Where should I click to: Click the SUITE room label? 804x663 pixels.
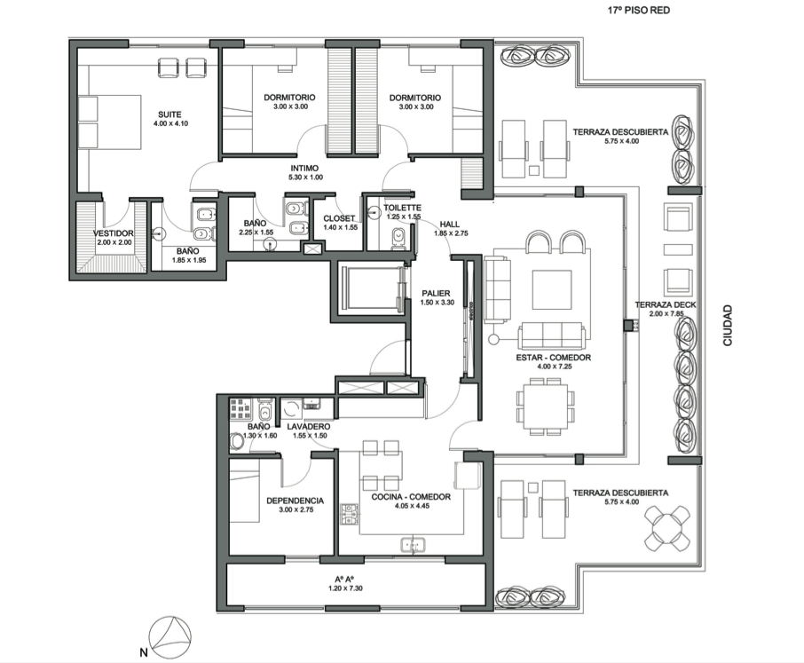[x=169, y=114]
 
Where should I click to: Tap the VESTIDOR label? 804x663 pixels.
[x=114, y=233]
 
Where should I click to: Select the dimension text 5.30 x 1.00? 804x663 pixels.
[x=305, y=178]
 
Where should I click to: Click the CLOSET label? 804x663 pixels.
[x=339, y=218]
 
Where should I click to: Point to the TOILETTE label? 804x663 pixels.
[x=403, y=208]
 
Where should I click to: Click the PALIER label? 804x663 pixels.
[x=436, y=293]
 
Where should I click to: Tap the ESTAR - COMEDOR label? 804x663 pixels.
[x=553, y=358]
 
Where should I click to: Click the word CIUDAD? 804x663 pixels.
[x=728, y=325]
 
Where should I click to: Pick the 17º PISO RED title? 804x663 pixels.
[x=639, y=11]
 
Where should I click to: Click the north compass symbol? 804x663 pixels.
[x=169, y=637]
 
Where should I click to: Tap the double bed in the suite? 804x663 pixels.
[x=109, y=122]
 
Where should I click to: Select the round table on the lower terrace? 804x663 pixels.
[x=667, y=528]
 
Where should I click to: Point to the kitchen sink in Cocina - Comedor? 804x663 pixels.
[x=413, y=545]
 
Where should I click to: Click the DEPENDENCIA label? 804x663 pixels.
[x=295, y=501]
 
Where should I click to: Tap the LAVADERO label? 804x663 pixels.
[x=309, y=427]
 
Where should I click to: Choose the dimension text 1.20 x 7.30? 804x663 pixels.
[x=345, y=588]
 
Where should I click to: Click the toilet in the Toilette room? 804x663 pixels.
[x=398, y=239]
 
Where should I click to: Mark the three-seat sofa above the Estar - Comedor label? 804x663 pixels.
[x=551, y=336]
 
